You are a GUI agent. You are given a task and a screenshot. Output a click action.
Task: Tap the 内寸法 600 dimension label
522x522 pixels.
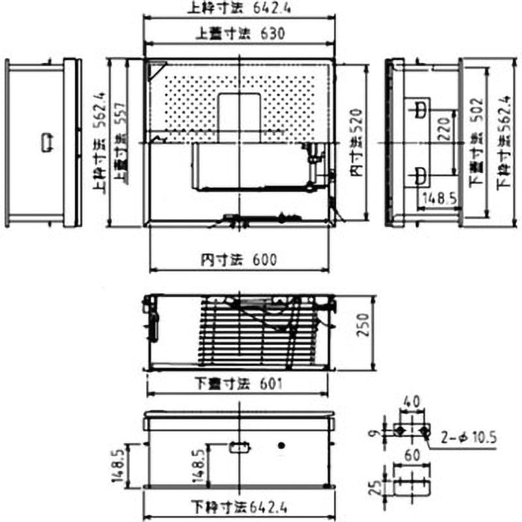239,260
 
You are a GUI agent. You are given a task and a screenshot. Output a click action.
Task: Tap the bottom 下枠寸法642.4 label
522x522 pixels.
239,506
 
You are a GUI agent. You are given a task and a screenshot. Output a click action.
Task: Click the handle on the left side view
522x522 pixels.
48,142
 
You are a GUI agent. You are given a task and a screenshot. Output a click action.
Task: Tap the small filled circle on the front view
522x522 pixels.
282,446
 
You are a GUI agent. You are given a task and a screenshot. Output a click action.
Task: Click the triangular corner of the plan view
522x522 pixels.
155,69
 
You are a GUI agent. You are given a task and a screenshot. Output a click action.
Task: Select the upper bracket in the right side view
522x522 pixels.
419,108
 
